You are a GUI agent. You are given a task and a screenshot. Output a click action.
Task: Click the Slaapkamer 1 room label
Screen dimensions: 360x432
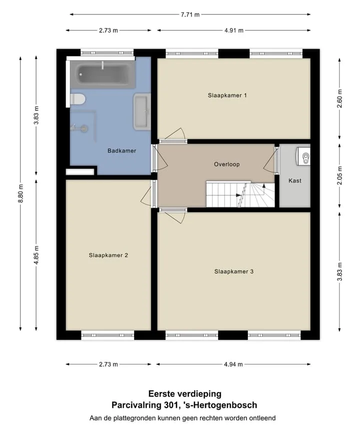[227, 95]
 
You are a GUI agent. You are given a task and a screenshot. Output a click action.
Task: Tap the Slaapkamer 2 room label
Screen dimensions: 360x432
[108, 255]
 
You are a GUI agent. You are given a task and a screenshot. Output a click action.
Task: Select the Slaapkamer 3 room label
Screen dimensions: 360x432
[233, 271]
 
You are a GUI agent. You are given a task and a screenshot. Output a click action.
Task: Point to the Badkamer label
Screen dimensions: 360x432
[121, 151]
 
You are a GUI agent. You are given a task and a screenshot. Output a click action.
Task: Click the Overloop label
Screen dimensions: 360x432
[227, 164]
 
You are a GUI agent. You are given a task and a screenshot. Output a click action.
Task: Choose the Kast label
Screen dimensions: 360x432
[295, 181]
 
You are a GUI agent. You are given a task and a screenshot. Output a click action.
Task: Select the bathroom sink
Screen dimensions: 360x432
[142, 111]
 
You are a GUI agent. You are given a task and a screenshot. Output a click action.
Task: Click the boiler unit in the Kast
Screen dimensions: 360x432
[303, 156]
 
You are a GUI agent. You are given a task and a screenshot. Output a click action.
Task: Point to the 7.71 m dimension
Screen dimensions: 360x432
[190, 14]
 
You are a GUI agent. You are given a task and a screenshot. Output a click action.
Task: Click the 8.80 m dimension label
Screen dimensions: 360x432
[20, 193]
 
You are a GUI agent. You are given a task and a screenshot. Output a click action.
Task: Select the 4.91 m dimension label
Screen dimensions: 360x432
[233, 30]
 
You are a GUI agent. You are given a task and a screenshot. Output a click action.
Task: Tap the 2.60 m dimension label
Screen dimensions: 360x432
[339, 98]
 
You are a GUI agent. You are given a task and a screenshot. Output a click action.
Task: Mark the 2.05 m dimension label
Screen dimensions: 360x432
[339, 175]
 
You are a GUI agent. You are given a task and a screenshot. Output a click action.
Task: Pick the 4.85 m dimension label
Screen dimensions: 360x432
[36, 255]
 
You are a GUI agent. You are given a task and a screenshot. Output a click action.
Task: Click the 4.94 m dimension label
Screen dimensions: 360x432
[233, 364]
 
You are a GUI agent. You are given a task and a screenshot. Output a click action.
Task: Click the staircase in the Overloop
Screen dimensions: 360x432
[240, 194]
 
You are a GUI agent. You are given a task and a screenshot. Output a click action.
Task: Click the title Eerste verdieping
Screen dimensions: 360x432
[185, 394]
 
